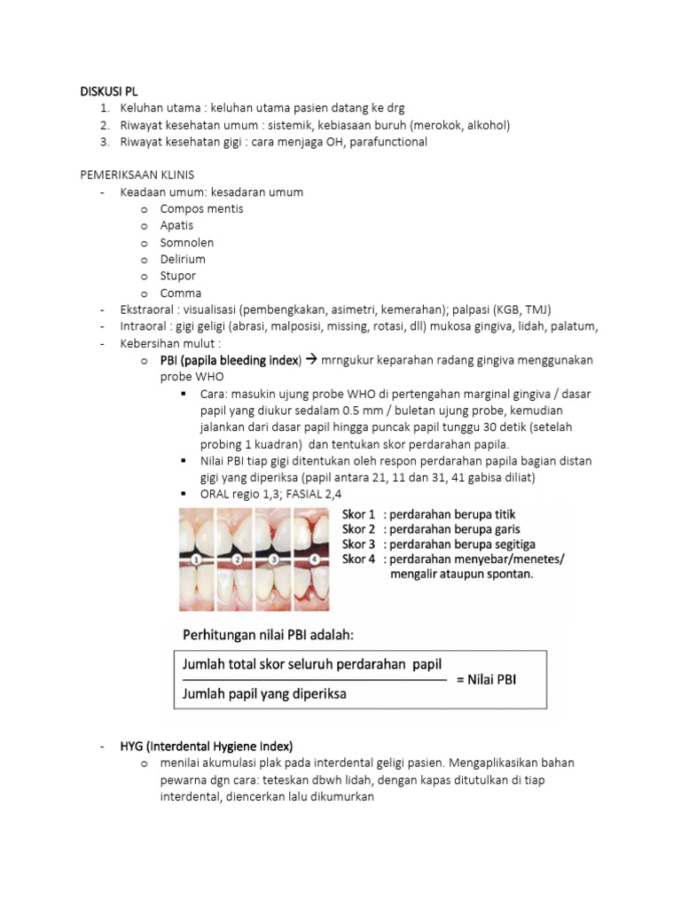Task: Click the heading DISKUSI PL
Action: [109, 91]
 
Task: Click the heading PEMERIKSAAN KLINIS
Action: [137, 176]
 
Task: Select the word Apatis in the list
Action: [176, 225]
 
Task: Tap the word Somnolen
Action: [186, 242]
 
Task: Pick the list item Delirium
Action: [183, 259]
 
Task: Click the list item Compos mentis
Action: [201, 208]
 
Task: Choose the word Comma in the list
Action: [181, 293]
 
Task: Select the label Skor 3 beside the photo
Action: [358, 544]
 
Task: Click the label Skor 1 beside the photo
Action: [358, 513]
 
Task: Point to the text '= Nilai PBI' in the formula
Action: [492, 679]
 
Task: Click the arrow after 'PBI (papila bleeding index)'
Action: [310, 360]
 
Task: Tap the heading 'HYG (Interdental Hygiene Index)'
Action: [206, 745]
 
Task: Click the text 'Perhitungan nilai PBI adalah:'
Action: [267, 635]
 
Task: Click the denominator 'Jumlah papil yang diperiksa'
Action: [264, 693]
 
